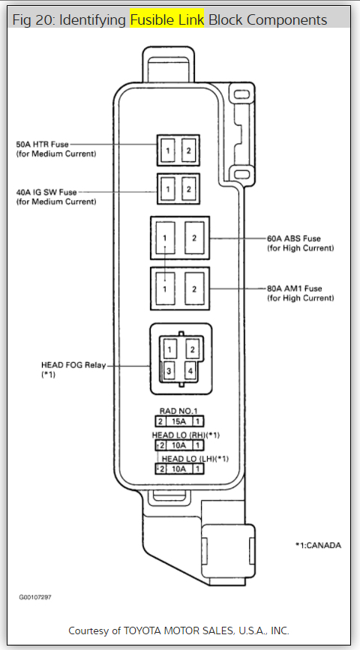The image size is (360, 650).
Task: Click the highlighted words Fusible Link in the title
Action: (166, 19)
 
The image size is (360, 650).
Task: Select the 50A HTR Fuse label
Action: (42, 145)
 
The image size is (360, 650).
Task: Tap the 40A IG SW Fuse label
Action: (46, 193)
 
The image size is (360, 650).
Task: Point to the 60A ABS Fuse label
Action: (294, 238)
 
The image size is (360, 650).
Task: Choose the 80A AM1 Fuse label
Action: (295, 289)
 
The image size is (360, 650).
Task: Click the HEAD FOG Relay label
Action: (73, 365)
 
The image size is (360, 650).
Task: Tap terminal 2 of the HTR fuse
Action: (189, 151)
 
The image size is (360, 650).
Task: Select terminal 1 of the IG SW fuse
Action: (167, 190)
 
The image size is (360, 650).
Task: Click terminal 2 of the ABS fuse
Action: (194, 238)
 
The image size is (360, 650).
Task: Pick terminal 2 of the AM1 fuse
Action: (194, 289)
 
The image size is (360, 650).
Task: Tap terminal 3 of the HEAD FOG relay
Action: (169, 370)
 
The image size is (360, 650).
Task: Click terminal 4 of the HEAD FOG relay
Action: (190, 370)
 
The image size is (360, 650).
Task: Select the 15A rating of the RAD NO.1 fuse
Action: (178, 422)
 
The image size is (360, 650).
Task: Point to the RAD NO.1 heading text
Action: (178, 411)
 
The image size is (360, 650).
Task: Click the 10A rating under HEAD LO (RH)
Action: (178, 445)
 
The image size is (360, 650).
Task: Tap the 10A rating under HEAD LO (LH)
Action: (178, 469)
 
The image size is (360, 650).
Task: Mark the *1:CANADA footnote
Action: (318, 546)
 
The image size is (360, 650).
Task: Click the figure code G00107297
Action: (35, 598)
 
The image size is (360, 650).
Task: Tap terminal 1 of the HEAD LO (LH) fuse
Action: (199, 469)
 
